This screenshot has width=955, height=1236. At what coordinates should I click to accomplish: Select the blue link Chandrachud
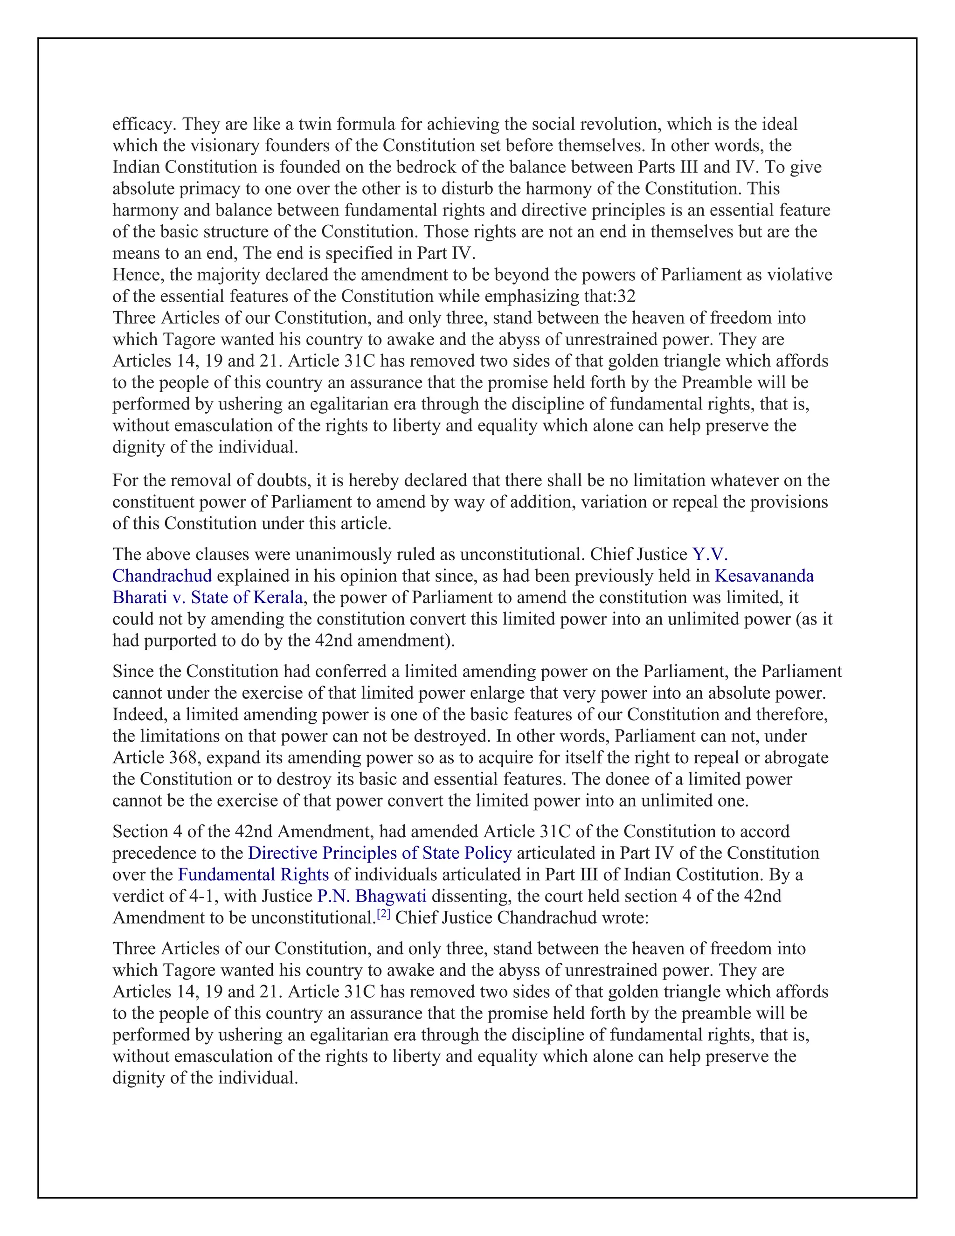[x=162, y=576]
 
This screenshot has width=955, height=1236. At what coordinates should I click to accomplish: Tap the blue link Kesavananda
[x=764, y=576]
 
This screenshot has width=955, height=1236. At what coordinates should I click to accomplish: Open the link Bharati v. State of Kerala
[x=208, y=597]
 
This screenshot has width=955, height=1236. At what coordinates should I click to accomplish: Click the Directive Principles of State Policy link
[x=380, y=853]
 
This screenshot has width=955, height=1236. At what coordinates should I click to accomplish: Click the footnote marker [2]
[x=384, y=915]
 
